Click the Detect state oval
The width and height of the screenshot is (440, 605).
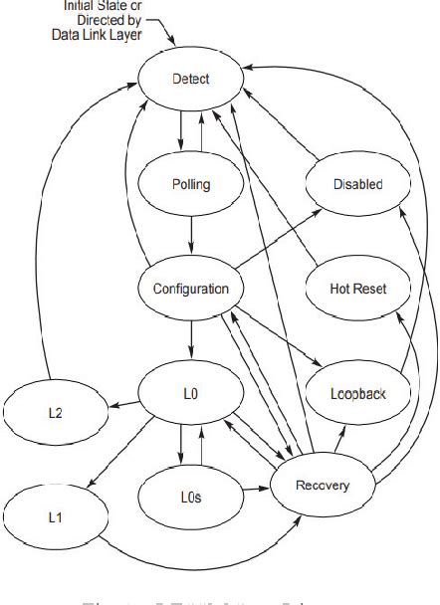point(190,78)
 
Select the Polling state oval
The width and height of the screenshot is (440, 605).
point(190,184)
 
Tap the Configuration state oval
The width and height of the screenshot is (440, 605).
point(190,289)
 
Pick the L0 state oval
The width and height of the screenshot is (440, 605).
point(190,394)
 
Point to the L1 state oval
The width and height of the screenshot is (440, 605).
point(55,517)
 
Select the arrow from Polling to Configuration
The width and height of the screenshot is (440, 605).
point(190,236)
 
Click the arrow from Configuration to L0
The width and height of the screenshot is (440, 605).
point(190,341)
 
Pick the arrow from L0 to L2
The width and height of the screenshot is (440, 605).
point(122,403)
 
